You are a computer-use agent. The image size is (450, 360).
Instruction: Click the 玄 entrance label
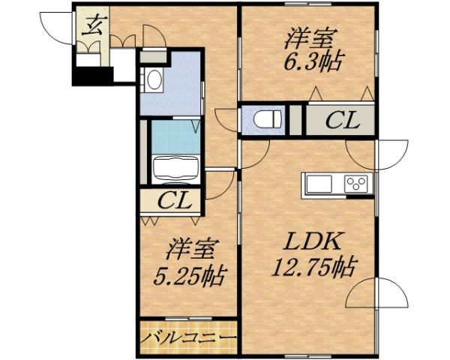[x=93, y=27]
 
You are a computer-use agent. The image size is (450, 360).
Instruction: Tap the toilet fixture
[x=266, y=119]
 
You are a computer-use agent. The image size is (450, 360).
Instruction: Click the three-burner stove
[x=356, y=184]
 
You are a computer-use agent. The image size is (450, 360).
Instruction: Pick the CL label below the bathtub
[x=178, y=202]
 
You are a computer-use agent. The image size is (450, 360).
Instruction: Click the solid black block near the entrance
[x=90, y=76]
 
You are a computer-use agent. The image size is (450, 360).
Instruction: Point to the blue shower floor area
[x=175, y=136]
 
